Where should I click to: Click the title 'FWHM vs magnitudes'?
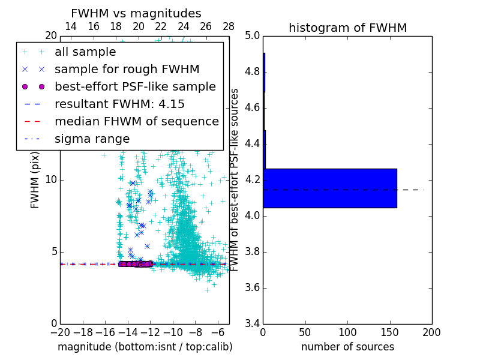coord(136,13)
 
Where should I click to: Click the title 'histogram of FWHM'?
coord(347,28)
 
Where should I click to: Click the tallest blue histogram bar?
coord(330,188)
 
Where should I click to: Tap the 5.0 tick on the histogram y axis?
coord(253,36)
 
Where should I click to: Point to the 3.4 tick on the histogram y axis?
coord(253,324)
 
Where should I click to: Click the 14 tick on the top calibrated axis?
coord(70,26)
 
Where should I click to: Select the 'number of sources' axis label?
coord(347,347)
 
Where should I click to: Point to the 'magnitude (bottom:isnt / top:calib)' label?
coord(145,347)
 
